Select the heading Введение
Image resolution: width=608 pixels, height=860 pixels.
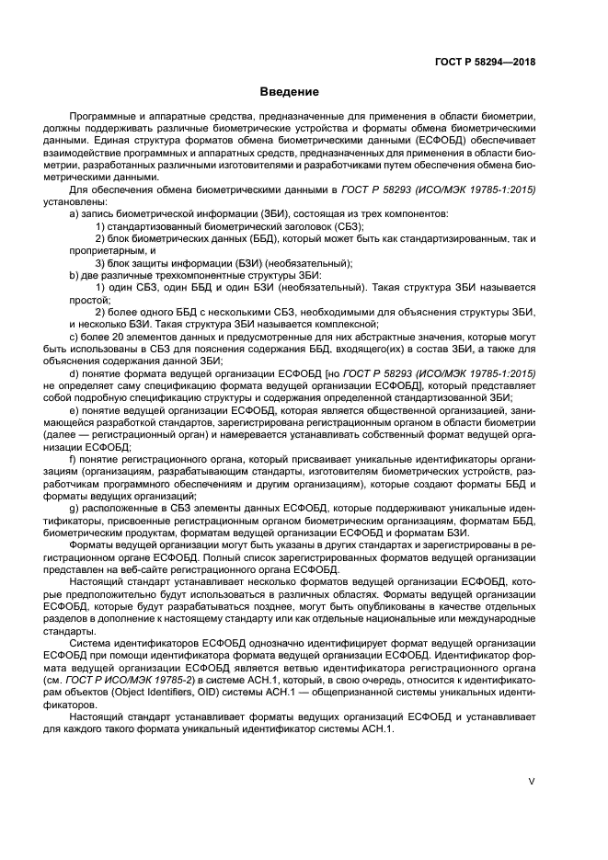click(x=290, y=92)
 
